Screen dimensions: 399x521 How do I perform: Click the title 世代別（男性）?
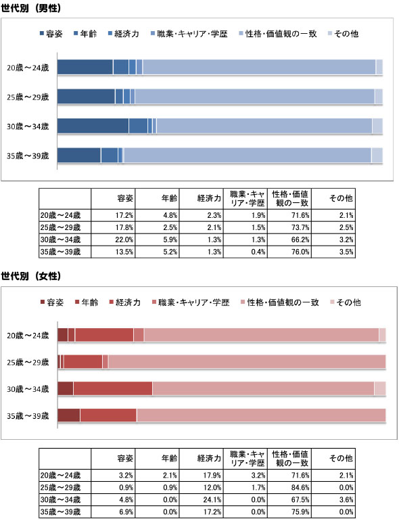31,8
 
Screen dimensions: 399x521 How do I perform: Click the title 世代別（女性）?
31,276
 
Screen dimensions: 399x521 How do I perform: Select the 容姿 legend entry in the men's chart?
51,34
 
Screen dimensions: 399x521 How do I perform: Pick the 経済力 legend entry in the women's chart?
125,302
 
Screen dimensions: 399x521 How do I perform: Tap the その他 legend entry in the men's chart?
343,34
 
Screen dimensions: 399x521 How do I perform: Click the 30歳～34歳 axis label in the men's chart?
28,127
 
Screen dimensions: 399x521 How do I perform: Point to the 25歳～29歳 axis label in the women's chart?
28,362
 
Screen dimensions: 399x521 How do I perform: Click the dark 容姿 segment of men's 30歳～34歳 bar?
93,126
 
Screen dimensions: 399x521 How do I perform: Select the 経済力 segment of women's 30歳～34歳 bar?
113,388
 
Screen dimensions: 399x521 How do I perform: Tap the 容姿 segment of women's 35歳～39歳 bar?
69,415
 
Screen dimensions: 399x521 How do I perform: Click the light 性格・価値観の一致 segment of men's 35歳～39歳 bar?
248,155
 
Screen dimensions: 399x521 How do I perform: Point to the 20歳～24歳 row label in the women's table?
60,476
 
